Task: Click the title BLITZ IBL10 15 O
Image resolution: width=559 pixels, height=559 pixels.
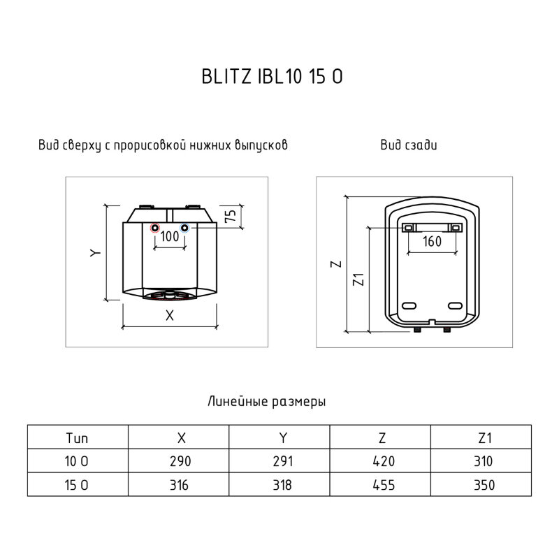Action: click(x=272, y=76)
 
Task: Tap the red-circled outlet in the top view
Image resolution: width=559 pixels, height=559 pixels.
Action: click(x=155, y=228)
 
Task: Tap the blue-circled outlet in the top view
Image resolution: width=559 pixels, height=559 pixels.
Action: click(x=184, y=228)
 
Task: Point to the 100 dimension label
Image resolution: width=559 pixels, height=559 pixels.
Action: click(x=170, y=236)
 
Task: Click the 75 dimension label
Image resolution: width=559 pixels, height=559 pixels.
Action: click(x=231, y=216)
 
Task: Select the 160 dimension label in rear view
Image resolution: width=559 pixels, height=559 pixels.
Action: click(x=432, y=241)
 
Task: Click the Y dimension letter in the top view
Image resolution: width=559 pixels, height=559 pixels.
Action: click(x=95, y=253)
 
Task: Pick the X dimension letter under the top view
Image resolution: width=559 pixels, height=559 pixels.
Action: click(x=170, y=315)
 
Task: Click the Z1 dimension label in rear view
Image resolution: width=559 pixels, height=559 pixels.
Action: click(x=358, y=279)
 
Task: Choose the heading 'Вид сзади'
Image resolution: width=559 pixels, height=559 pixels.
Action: click(x=409, y=145)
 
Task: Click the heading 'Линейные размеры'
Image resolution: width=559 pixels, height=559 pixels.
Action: click(x=267, y=401)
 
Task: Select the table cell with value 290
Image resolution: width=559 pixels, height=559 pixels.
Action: click(x=179, y=461)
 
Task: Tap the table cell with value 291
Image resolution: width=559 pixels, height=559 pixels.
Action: click(x=279, y=461)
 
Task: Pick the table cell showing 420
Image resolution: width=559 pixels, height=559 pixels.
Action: click(x=380, y=461)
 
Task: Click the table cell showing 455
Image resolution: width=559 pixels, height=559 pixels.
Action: click(x=380, y=484)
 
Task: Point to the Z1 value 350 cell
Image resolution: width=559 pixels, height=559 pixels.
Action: click(x=481, y=484)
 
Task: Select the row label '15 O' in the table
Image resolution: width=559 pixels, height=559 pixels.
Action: click(x=76, y=485)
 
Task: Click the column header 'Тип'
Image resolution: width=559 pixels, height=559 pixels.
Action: click(x=77, y=438)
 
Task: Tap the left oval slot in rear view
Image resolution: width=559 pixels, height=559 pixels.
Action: click(x=409, y=305)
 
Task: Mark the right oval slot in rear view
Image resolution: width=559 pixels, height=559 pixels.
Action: click(x=455, y=305)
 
